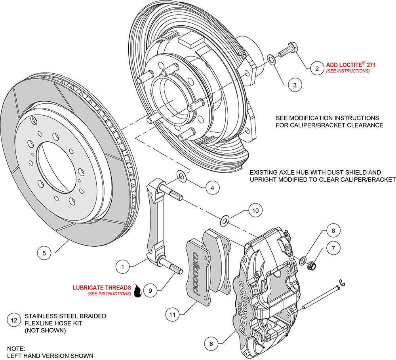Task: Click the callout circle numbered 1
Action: click(x=123, y=267)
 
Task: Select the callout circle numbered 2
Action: click(x=317, y=69)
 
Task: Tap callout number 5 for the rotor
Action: click(x=44, y=252)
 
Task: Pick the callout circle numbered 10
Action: click(x=255, y=211)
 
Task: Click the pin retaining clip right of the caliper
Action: click(x=342, y=283)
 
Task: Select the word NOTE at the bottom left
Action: click(x=16, y=349)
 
